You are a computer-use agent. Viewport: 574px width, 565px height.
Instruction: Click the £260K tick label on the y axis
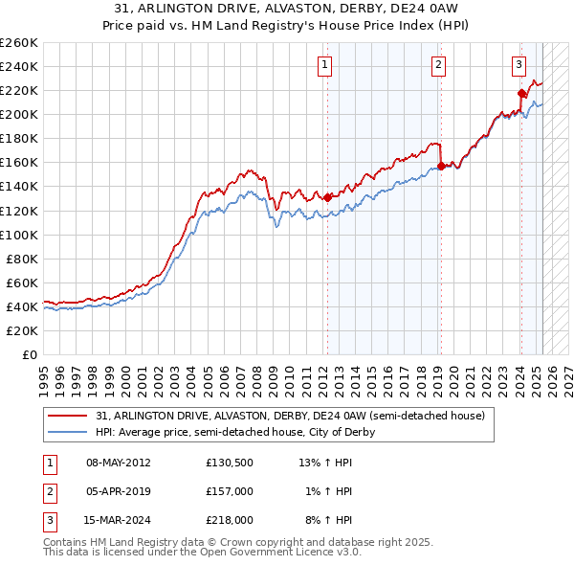tap(19, 42)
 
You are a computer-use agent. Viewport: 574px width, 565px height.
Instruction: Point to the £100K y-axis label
tap(19, 235)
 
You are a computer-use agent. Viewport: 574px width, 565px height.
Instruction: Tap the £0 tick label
tap(29, 354)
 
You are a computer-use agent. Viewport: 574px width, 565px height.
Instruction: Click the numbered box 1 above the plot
tap(325, 65)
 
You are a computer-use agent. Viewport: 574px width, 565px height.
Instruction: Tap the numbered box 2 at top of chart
tap(438, 65)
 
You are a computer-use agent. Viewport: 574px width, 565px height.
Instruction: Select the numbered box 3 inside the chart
tap(519, 65)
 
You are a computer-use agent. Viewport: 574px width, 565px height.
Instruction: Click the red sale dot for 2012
tap(327, 197)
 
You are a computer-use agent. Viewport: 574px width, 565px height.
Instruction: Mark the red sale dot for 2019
tap(441, 166)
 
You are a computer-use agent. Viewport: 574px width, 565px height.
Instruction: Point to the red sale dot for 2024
tap(521, 93)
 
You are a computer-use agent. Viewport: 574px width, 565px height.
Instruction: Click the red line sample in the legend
tap(68, 417)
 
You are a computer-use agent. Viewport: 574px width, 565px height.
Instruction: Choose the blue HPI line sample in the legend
tap(68, 432)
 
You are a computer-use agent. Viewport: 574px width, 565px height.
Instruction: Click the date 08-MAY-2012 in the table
tap(118, 463)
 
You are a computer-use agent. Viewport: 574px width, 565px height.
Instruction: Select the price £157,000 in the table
tap(230, 491)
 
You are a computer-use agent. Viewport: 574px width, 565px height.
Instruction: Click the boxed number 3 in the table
tap(47, 520)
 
